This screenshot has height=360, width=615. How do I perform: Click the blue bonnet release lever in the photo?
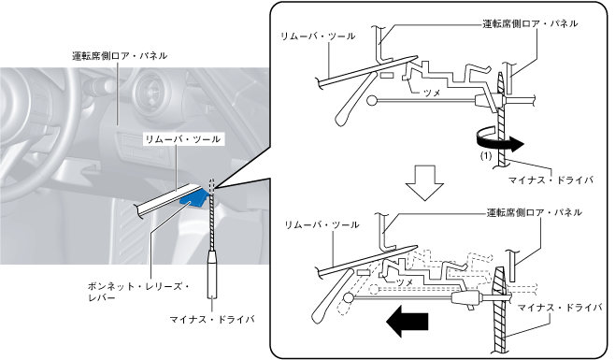pos(193,197)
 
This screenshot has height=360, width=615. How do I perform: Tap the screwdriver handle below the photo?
pos(212,274)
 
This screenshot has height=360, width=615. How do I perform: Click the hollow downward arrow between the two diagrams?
pos(424,183)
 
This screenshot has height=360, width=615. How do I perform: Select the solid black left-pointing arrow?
pos(408,321)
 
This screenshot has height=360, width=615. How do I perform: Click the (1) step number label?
pos(486,156)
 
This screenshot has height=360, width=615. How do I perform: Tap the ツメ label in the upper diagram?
pos(433,94)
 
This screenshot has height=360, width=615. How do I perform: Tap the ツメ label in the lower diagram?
pos(405,282)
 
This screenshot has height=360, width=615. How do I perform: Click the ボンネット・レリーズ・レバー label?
pos(137,292)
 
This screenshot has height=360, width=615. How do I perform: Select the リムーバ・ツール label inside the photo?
pos(183,139)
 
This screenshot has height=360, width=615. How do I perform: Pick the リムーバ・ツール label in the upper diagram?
pos(318,36)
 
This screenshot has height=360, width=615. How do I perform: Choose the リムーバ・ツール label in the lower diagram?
pos(322,225)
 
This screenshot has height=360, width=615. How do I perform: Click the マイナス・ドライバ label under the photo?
pos(212,319)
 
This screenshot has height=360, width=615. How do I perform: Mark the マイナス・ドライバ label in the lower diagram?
pos(560,308)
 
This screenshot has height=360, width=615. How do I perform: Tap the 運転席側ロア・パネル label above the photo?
pos(120,56)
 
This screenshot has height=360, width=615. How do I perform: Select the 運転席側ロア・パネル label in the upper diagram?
pos(530,23)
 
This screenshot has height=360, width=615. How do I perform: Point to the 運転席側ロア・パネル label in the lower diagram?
pos(535,213)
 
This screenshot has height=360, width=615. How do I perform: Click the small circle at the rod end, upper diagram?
pos(371,101)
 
